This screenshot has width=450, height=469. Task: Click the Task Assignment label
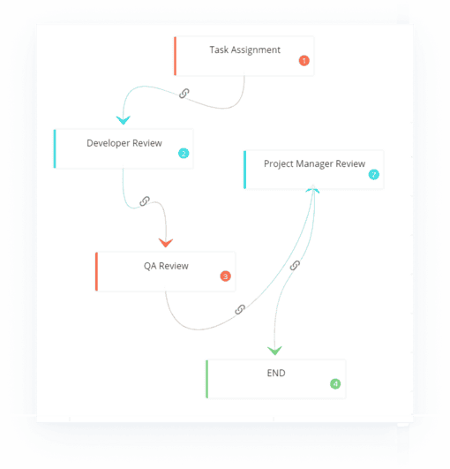244,50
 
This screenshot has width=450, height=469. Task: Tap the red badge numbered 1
304,61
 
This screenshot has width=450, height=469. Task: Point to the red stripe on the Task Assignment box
175,56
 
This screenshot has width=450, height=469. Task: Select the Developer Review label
124,143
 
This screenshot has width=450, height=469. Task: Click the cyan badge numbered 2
184,154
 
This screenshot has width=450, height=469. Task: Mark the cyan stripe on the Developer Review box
55,149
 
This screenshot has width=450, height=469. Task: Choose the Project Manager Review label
314,164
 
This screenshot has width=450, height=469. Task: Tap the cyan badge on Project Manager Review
373,174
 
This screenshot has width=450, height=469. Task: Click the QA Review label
166,266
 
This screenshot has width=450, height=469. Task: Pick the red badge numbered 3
225,276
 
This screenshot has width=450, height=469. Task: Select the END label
276,373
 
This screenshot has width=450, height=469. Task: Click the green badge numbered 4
335,383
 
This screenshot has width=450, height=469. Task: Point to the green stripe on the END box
207,379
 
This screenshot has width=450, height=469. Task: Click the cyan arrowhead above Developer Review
124,120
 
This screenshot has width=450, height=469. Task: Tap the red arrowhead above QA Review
166,243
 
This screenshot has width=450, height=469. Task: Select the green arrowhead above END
274,351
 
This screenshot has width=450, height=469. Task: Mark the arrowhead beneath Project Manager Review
313,189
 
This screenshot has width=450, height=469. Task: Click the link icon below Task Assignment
184,94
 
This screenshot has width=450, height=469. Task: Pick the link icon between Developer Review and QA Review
145,201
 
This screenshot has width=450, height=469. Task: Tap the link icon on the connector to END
295,265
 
